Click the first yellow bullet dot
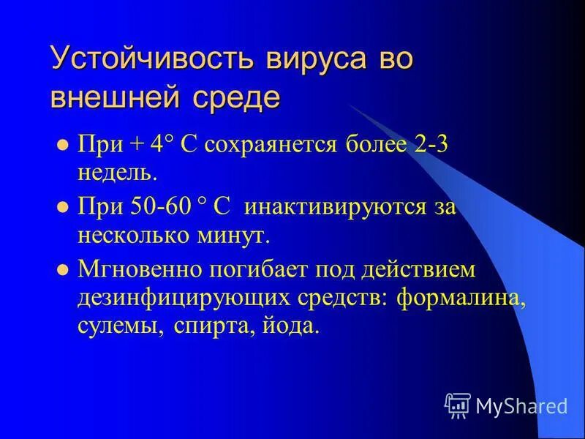[61, 144]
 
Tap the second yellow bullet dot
[61, 206]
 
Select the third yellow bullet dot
[61, 269]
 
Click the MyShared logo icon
[458, 404]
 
